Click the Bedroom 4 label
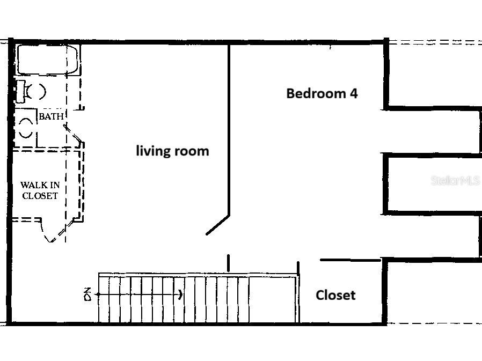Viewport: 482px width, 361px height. pos(322,93)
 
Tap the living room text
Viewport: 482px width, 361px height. pos(172,151)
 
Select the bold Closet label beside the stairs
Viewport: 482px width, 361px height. pos(335,295)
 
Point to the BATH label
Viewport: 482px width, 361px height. pos(51,116)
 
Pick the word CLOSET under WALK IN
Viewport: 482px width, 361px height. pos(40,196)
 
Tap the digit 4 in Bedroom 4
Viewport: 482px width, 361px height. pos(354,93)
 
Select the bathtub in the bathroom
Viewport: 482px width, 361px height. pos(48,60)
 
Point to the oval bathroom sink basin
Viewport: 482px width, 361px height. pos(26,128)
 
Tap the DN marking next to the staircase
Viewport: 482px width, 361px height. pos(88,294)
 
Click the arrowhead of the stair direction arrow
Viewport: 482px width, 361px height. pos(181,294)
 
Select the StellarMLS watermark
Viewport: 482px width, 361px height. pos(456,180)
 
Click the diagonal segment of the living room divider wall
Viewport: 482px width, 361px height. pos(217,225)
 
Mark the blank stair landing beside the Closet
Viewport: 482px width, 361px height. pos(273,299)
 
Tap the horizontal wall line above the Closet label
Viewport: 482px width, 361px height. pos(350,260)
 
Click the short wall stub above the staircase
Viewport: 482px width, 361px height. pos(229,263)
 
